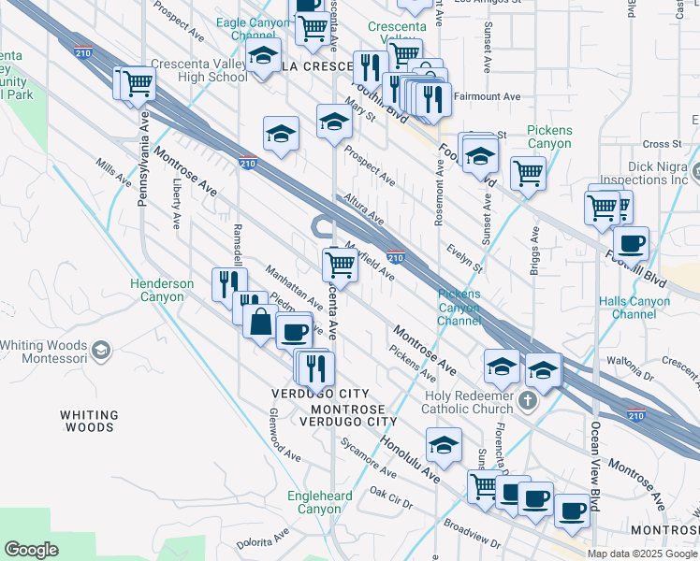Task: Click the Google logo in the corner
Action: [32, 550]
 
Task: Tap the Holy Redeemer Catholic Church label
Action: [467, 401]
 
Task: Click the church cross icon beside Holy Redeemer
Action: [527, 401]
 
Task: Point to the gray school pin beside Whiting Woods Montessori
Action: [101, 352]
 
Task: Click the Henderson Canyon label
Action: [162, 290]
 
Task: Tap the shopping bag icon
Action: [259, 324]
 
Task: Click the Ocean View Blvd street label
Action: [594, 458]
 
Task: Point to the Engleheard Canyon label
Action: [319, 502]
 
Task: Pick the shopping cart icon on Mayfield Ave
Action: [340, 266]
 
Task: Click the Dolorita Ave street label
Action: [263, 539]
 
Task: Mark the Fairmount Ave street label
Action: [487, 96]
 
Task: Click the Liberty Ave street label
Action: [176, 207]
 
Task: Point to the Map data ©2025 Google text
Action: [642, 554]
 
